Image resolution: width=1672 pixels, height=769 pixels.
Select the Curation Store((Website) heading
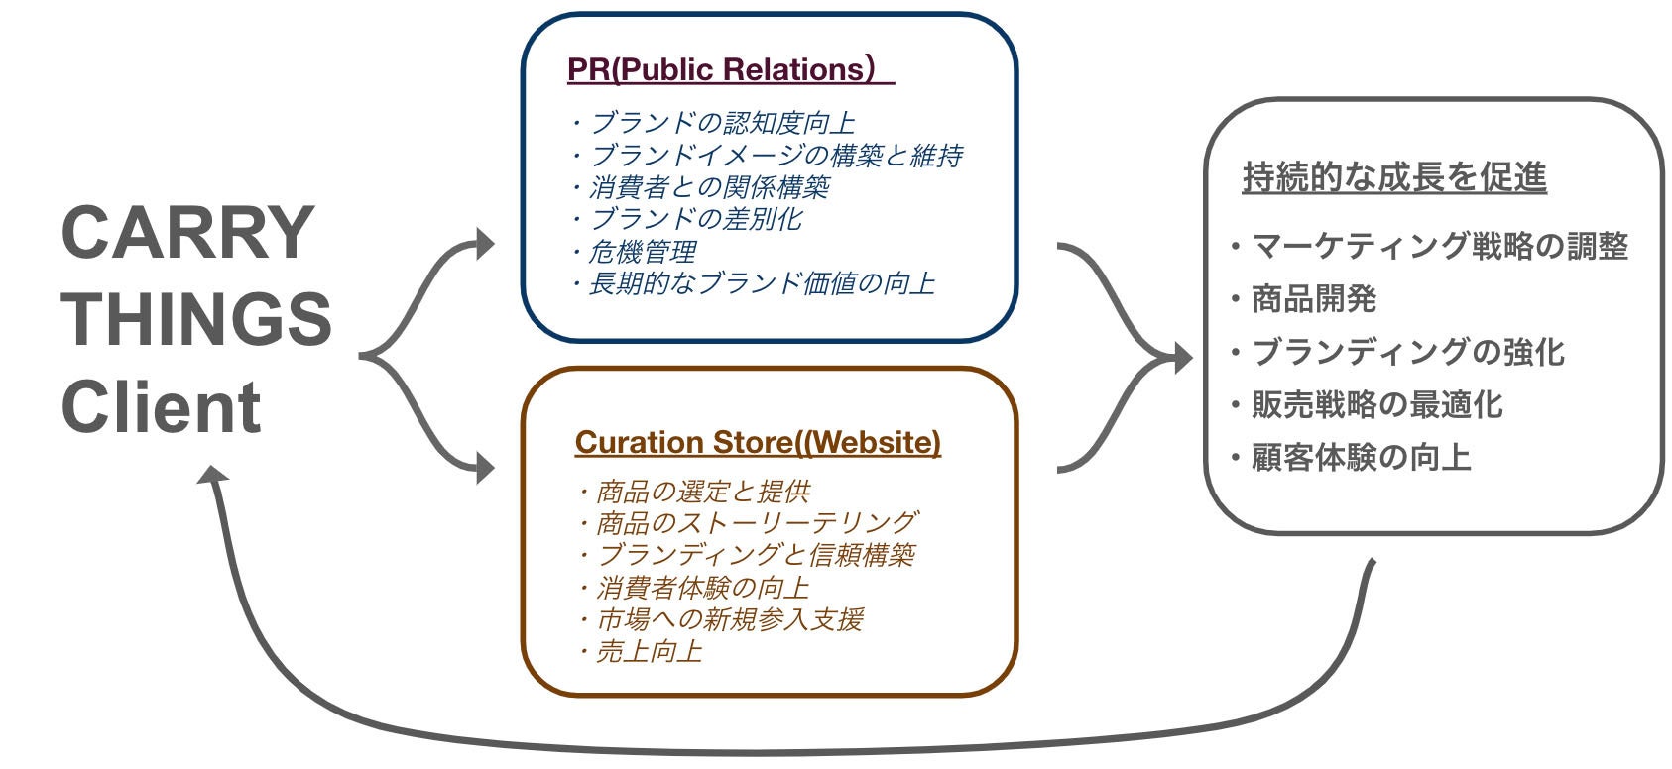pyautogui.click(x=757, y=442)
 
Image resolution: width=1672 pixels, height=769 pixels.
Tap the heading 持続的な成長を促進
pyautogui.click(x=1393, y=177)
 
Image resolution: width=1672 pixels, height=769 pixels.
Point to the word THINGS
pyautogui.click(x=196, y=319)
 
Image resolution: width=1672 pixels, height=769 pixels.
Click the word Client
pyautogui.click(x=161, y=406)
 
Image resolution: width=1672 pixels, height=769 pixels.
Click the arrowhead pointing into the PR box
pyautogui.click(x=484, y=243)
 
